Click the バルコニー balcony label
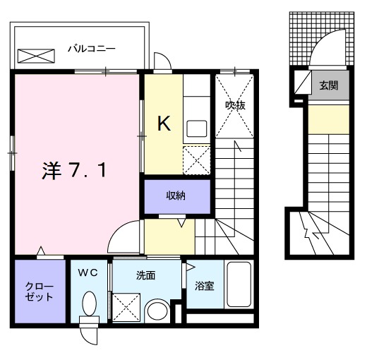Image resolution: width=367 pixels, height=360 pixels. tap(91, 49)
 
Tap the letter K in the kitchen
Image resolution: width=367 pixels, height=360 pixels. tap(163, 124)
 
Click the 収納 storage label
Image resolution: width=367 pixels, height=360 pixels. tap(176, 196)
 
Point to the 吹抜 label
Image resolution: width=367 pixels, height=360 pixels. tap(234, 105)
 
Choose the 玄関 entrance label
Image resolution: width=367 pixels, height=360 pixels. tap(328, 86)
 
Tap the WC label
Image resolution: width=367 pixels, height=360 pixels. tap(87, 272)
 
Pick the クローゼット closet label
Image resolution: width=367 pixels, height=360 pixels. tap(39, 292)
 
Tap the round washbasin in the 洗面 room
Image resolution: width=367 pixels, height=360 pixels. tap(156, 311)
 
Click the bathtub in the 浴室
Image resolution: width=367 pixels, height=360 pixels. tap(238, 286)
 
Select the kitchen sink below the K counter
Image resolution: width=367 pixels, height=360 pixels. tap(196, 128)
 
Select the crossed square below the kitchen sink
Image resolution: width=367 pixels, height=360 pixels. tap(196, 159)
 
